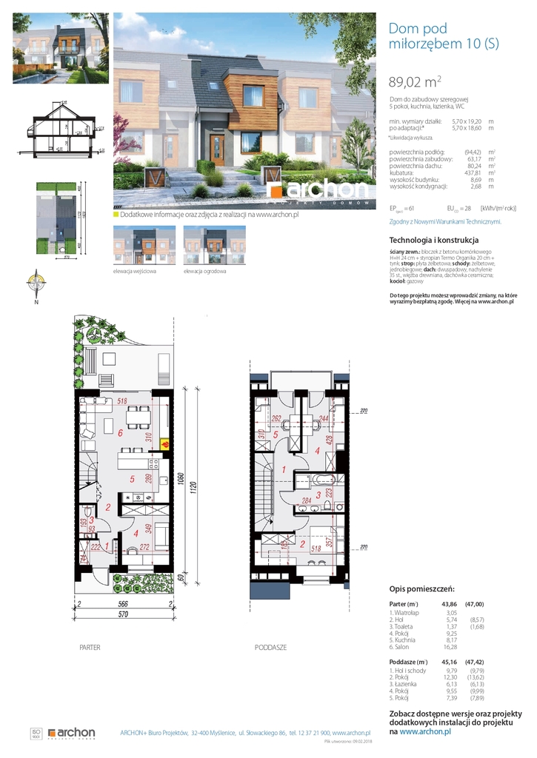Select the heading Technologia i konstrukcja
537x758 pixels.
point(434,240)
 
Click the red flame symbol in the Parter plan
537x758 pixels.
point(165,445)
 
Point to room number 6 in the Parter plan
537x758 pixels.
point(110,433)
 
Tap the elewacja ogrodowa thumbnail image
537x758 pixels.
point(204,245)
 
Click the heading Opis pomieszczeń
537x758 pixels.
point(420,589)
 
